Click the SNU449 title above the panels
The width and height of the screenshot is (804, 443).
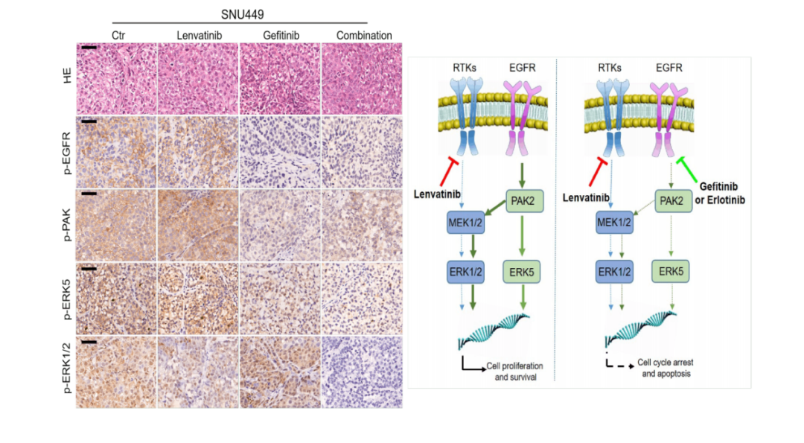coord(242,14)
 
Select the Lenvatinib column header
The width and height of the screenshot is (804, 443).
coord(199,36)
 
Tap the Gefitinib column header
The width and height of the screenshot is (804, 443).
coord(281,36)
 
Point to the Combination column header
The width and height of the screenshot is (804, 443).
coord(364,36)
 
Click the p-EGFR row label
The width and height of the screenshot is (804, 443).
coord(67,153)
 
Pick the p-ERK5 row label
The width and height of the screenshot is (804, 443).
coord(67,299)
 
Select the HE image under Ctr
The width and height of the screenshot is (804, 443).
coord(116,78)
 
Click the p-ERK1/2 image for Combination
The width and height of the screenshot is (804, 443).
coord(362,372)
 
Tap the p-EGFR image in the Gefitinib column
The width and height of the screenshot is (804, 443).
coord(280,153)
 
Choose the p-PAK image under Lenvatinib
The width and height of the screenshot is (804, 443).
coord(198,225)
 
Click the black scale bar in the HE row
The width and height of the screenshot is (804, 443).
coord(89,48)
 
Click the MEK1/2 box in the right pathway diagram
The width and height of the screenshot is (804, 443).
coord(614,223)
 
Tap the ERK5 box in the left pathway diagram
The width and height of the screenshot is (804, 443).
coord(521,272)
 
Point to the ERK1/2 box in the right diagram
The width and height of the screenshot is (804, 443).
coord(614,272)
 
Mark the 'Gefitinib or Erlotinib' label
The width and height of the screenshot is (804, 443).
coord(719,194)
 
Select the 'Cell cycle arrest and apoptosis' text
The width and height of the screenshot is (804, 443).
coord(666,368)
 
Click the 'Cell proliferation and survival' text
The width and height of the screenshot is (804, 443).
coord(515,372)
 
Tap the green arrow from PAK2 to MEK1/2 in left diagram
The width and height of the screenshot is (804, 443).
coord(495,208)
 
